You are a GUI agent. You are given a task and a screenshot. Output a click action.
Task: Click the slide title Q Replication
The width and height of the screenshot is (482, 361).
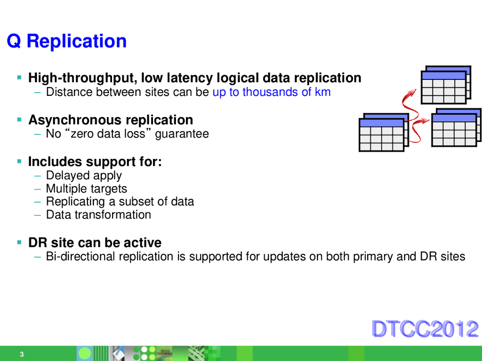[67, 41]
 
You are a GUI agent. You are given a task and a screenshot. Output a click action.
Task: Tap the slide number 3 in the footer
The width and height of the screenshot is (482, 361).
[22, 354]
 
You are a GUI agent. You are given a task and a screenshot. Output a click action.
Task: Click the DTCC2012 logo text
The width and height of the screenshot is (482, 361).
[425, 329]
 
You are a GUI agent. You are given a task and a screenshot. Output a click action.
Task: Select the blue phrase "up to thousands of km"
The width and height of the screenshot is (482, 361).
[272, 92]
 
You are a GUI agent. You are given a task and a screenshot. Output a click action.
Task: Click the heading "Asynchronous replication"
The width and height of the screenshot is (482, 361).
[111, 120]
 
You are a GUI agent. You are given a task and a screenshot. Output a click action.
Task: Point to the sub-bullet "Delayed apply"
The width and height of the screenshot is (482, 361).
[84, 176]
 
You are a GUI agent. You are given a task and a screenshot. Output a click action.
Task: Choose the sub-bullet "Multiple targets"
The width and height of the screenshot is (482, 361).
[87, 189]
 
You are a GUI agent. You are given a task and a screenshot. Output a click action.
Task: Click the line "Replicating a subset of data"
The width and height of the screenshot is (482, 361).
[120, 202]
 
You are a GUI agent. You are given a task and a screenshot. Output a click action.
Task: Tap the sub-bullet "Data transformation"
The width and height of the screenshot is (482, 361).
[98, 215]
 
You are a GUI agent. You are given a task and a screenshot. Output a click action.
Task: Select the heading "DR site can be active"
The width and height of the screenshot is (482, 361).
[95, 243]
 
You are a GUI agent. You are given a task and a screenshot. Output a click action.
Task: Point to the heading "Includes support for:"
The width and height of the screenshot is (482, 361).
[95, 162]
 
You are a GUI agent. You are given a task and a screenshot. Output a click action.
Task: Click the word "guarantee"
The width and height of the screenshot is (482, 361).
[182, 134]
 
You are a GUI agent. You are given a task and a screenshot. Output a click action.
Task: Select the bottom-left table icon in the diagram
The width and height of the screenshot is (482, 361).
[383, 133]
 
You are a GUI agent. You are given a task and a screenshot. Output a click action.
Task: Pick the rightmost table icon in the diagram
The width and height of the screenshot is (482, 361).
[456, 128]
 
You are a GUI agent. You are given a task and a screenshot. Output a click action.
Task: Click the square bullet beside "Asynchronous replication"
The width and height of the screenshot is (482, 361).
[19, 120]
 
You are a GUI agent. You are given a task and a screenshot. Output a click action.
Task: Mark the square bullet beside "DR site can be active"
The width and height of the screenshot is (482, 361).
[19, 243]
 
